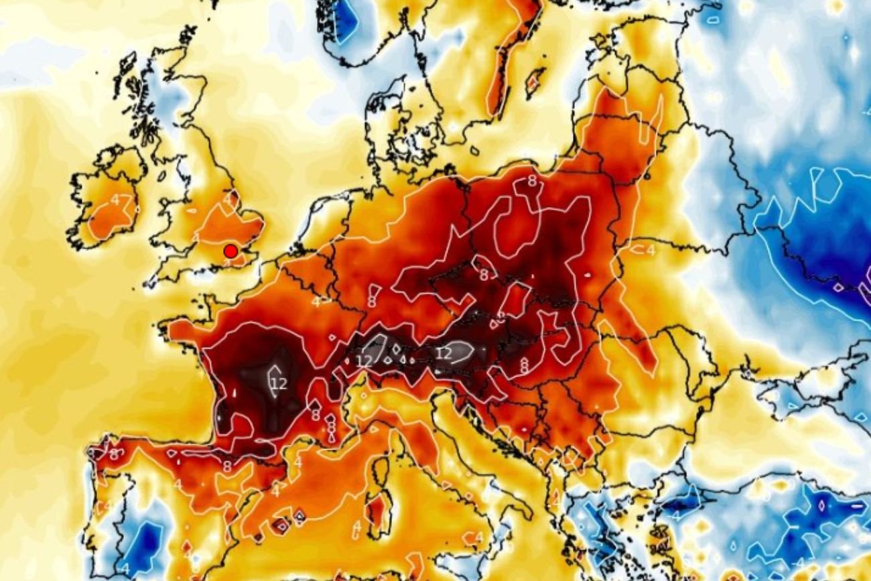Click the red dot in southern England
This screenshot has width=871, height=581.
point(230,251)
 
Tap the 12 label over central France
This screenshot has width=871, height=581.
point(279,384)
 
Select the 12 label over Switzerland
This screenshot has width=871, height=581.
point(364,361)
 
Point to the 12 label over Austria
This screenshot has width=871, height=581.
point(444,352)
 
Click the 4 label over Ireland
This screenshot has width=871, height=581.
point(115,200)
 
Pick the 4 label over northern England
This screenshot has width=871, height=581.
point(228,199)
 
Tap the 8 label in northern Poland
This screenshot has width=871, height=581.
point(532,180)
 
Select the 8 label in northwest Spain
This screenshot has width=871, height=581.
point(114,454)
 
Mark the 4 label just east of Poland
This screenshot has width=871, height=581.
point(649,249)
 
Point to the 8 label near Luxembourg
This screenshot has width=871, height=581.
point(371,301)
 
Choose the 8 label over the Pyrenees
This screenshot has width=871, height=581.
point(227,466)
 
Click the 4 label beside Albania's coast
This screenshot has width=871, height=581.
point(555,499)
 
